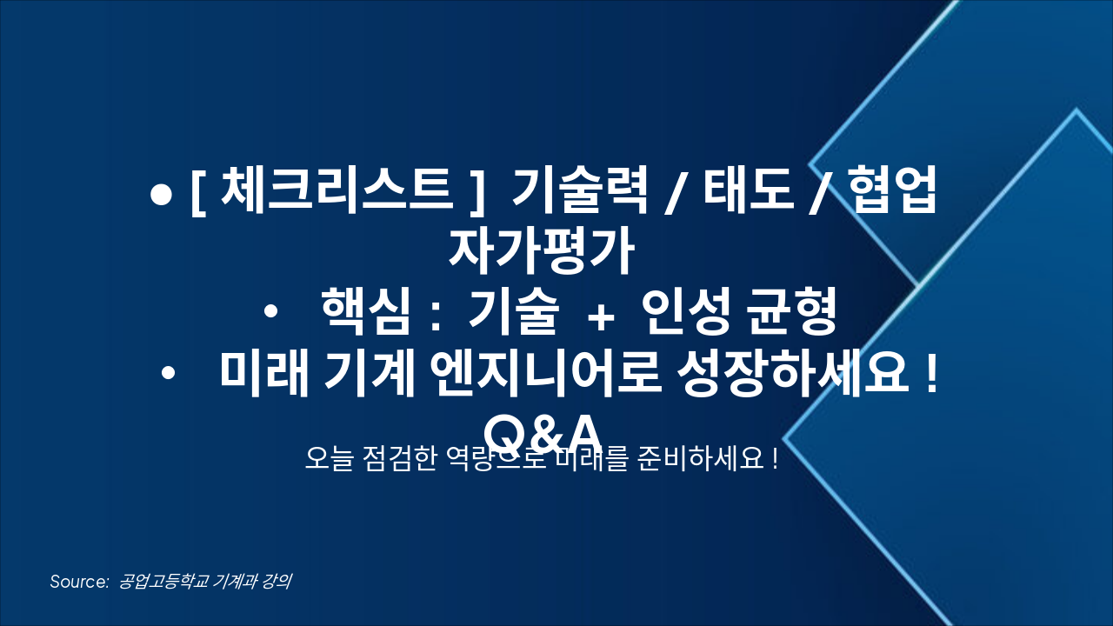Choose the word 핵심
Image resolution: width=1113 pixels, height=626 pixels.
point(364,314)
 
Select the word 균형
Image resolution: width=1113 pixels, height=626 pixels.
point(793,314)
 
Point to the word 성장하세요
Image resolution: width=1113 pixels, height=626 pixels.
point(790,375)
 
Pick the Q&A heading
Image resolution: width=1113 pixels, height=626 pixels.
point(543,431)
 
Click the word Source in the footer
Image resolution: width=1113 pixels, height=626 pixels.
point(77,582)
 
